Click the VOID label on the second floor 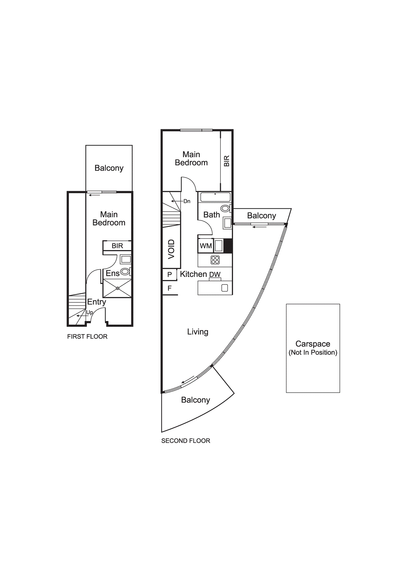click(x=171, y=249)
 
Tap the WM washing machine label click(x=206, y=246)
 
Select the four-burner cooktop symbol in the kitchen click(x=215, y=260)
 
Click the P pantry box click(x=170, y=274)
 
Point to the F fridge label click(x=169, y=288)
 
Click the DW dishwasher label click(x=215, y=275)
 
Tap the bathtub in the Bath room click(x=215, y=197)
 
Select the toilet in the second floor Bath click(x=225, y=208)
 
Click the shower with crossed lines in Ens click(x=118, y=288)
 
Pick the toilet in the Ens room click(x=125, y=271)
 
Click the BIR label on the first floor click(x=117, y=246)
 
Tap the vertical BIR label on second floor click(x=227, y=161)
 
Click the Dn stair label click(x=187, y=201)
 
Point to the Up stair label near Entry click(x=90, y=313)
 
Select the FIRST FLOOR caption click(x=87, y=337)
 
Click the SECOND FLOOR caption click(x=186, y=441)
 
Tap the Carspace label click(x=313, y=344)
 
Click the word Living click(x=198, y=332)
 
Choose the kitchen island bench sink click(x=225, y=288)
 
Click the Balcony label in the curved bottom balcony click(x=195, y=400)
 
